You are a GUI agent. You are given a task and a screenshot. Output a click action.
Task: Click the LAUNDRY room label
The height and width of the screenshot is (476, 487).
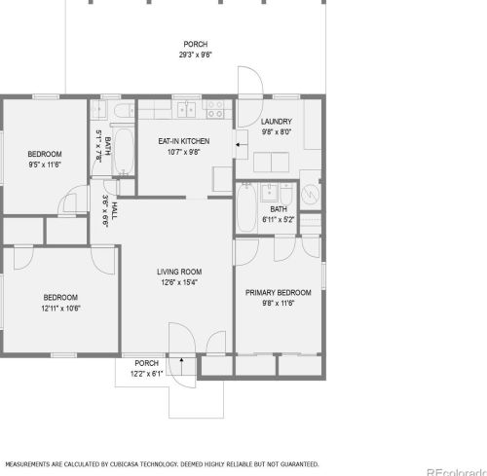point(277,122)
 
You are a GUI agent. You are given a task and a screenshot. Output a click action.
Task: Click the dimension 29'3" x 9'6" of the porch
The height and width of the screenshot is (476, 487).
point(195,55)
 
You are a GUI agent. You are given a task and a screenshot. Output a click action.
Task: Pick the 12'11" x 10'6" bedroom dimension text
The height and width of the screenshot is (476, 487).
point(60,308)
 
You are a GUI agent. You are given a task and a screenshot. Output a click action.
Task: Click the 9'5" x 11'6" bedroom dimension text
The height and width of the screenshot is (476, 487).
point(44,165)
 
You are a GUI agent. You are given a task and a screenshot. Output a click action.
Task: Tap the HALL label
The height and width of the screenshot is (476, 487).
point(114,211)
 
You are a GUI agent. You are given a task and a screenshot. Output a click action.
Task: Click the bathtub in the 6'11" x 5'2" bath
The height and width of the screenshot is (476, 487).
point(247,207)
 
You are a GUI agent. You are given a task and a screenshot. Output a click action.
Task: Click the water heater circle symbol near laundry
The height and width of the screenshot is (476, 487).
point(311,193)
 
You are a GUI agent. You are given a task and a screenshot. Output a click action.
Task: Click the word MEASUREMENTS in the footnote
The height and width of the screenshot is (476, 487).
point(32,464)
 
